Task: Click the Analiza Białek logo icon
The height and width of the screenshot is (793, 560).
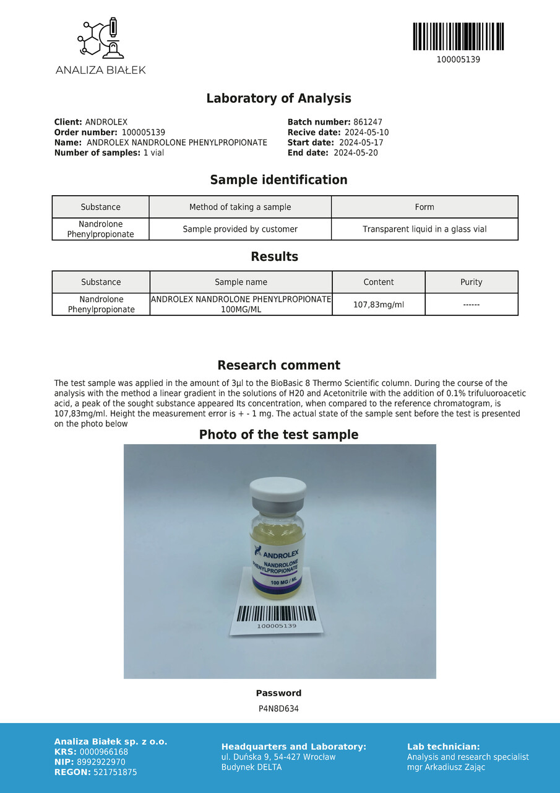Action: click(101, 38)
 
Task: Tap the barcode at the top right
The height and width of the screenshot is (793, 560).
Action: click(458, 37)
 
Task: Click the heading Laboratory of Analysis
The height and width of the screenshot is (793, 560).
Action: click(278, 99)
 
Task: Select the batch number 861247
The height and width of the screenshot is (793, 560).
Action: click(368, 123)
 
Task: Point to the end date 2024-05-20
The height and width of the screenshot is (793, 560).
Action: click(356, 153)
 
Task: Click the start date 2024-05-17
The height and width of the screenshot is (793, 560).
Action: click(361, 143)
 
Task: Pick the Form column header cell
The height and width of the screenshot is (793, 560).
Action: click(424, 207)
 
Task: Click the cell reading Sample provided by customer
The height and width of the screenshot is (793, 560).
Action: click(240, 229)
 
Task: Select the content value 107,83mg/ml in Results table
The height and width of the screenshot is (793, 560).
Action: click(379, 304)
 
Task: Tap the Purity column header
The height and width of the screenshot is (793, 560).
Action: click(471, 283)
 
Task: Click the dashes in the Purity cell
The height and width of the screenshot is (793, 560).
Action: click(471, 304)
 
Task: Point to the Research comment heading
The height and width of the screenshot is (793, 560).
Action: click(278, 366)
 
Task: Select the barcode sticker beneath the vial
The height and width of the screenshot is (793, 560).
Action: click(277, 618)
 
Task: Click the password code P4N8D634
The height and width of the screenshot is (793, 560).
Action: click(278, 709)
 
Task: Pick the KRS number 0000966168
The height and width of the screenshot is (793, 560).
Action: click(104, 752)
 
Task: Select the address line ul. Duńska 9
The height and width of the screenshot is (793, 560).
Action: click(278, 757)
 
